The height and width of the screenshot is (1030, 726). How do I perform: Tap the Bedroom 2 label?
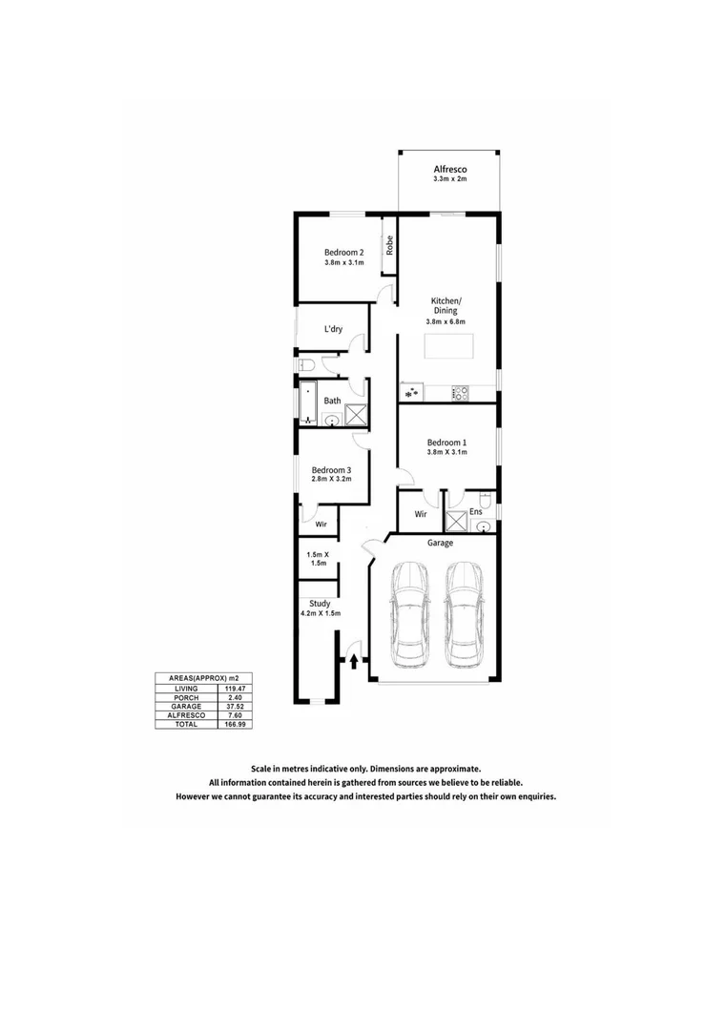coord(343,253)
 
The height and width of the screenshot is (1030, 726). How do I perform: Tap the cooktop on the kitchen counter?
coord(460,391)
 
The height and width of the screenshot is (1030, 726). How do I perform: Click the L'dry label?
coord(333,329)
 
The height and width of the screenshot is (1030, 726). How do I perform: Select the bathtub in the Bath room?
coord(307,402)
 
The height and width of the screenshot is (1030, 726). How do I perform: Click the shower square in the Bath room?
coord(357,415)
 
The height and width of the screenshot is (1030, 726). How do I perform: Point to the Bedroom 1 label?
coord(446,443)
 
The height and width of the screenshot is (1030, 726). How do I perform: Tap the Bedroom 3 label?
coord(332,469)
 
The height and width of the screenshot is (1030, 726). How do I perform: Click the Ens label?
coord(475,512)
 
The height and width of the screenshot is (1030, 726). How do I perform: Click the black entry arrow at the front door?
coord(354,658)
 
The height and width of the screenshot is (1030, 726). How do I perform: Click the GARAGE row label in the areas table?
coord(185,706)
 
